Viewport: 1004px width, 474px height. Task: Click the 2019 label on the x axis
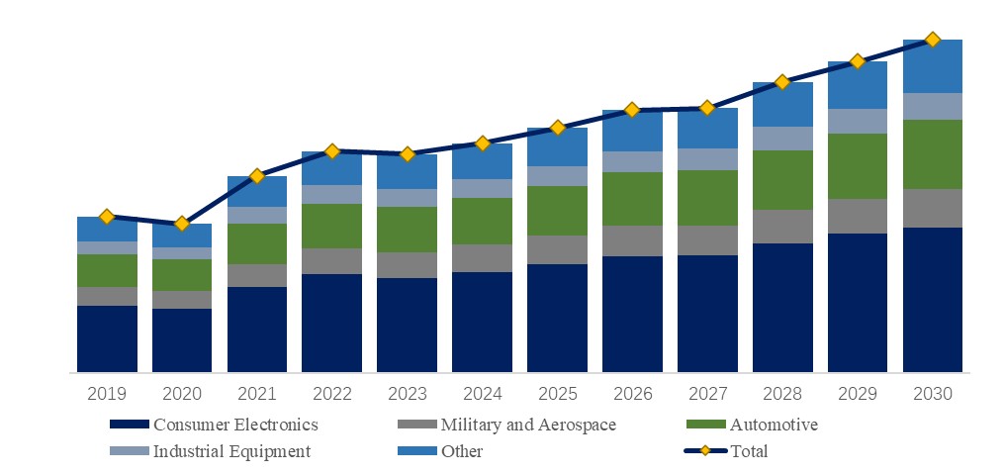coord(107,394)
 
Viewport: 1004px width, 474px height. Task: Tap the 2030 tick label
coord(932,394)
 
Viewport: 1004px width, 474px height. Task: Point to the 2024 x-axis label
coord(482,394)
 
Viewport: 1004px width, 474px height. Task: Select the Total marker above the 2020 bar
coord(182,224)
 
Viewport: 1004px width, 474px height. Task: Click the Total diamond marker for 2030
coord(932,40)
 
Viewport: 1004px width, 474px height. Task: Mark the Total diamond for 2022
coord(332,151)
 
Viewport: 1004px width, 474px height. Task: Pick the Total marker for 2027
coord(707,107)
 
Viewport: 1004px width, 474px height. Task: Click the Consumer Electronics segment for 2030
coord(932,300)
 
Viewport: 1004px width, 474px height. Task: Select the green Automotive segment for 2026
coord(632,199)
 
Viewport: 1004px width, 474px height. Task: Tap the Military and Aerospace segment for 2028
coord(782,227)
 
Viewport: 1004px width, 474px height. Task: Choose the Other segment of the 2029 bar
coord(858,85)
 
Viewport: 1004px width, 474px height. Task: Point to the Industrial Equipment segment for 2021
coord(257,215)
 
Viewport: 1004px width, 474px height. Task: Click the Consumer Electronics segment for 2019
coord(107,338)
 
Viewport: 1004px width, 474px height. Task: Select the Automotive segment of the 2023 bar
coord(407,230)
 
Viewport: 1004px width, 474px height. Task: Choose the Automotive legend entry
coord(774,426)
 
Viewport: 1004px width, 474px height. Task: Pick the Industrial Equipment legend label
coord(231,452)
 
